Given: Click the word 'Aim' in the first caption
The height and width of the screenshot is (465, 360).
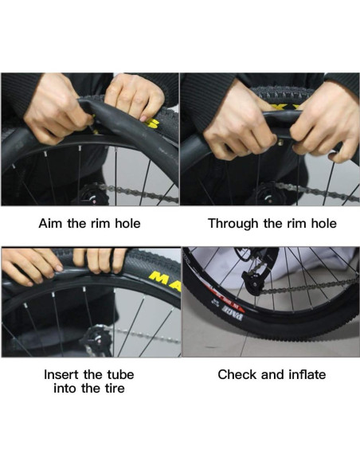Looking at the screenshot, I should tap(51, 223).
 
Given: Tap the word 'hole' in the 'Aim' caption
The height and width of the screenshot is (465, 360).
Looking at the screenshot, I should tap(124, 223).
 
